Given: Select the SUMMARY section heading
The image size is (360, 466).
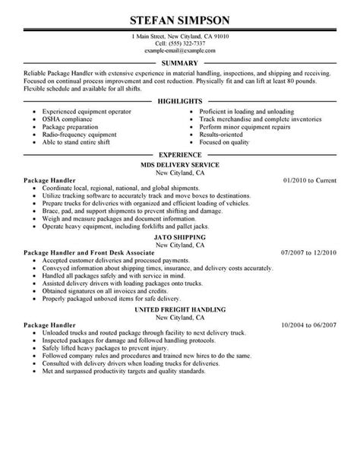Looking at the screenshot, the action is point(180,63).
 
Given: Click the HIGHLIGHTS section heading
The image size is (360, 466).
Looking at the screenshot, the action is point(180,100).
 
